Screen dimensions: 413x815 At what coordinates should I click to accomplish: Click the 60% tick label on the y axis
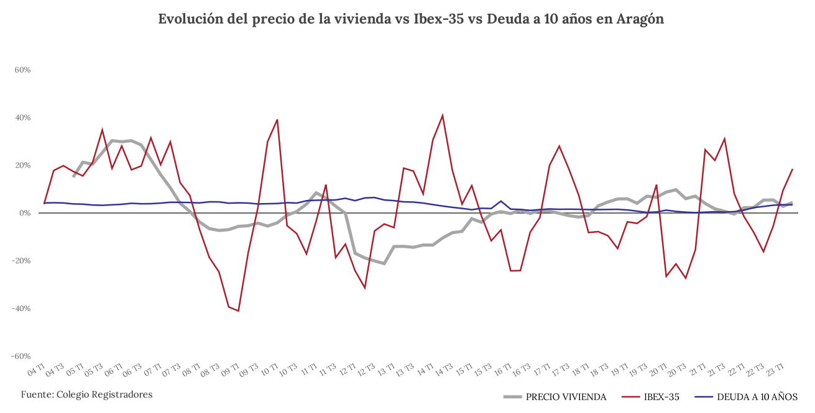[22, 70]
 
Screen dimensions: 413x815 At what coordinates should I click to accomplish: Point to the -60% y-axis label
[21, 356]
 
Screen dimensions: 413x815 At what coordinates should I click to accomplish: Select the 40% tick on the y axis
[22, 118]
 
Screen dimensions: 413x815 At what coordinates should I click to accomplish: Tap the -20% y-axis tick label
[21, 261]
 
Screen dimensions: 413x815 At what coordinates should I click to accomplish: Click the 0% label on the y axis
[25, 213]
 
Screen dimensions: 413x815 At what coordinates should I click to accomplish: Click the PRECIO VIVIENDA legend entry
[566, 397]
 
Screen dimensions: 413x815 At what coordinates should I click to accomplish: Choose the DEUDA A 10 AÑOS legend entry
[757, 397]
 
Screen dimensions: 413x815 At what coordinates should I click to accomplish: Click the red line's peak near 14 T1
[443, 115]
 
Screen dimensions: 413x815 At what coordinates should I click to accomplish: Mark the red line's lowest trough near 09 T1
[238, 311]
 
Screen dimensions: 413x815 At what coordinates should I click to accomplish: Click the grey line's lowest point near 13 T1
[384, 263]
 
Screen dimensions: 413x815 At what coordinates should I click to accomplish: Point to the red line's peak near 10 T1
[277, 119]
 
